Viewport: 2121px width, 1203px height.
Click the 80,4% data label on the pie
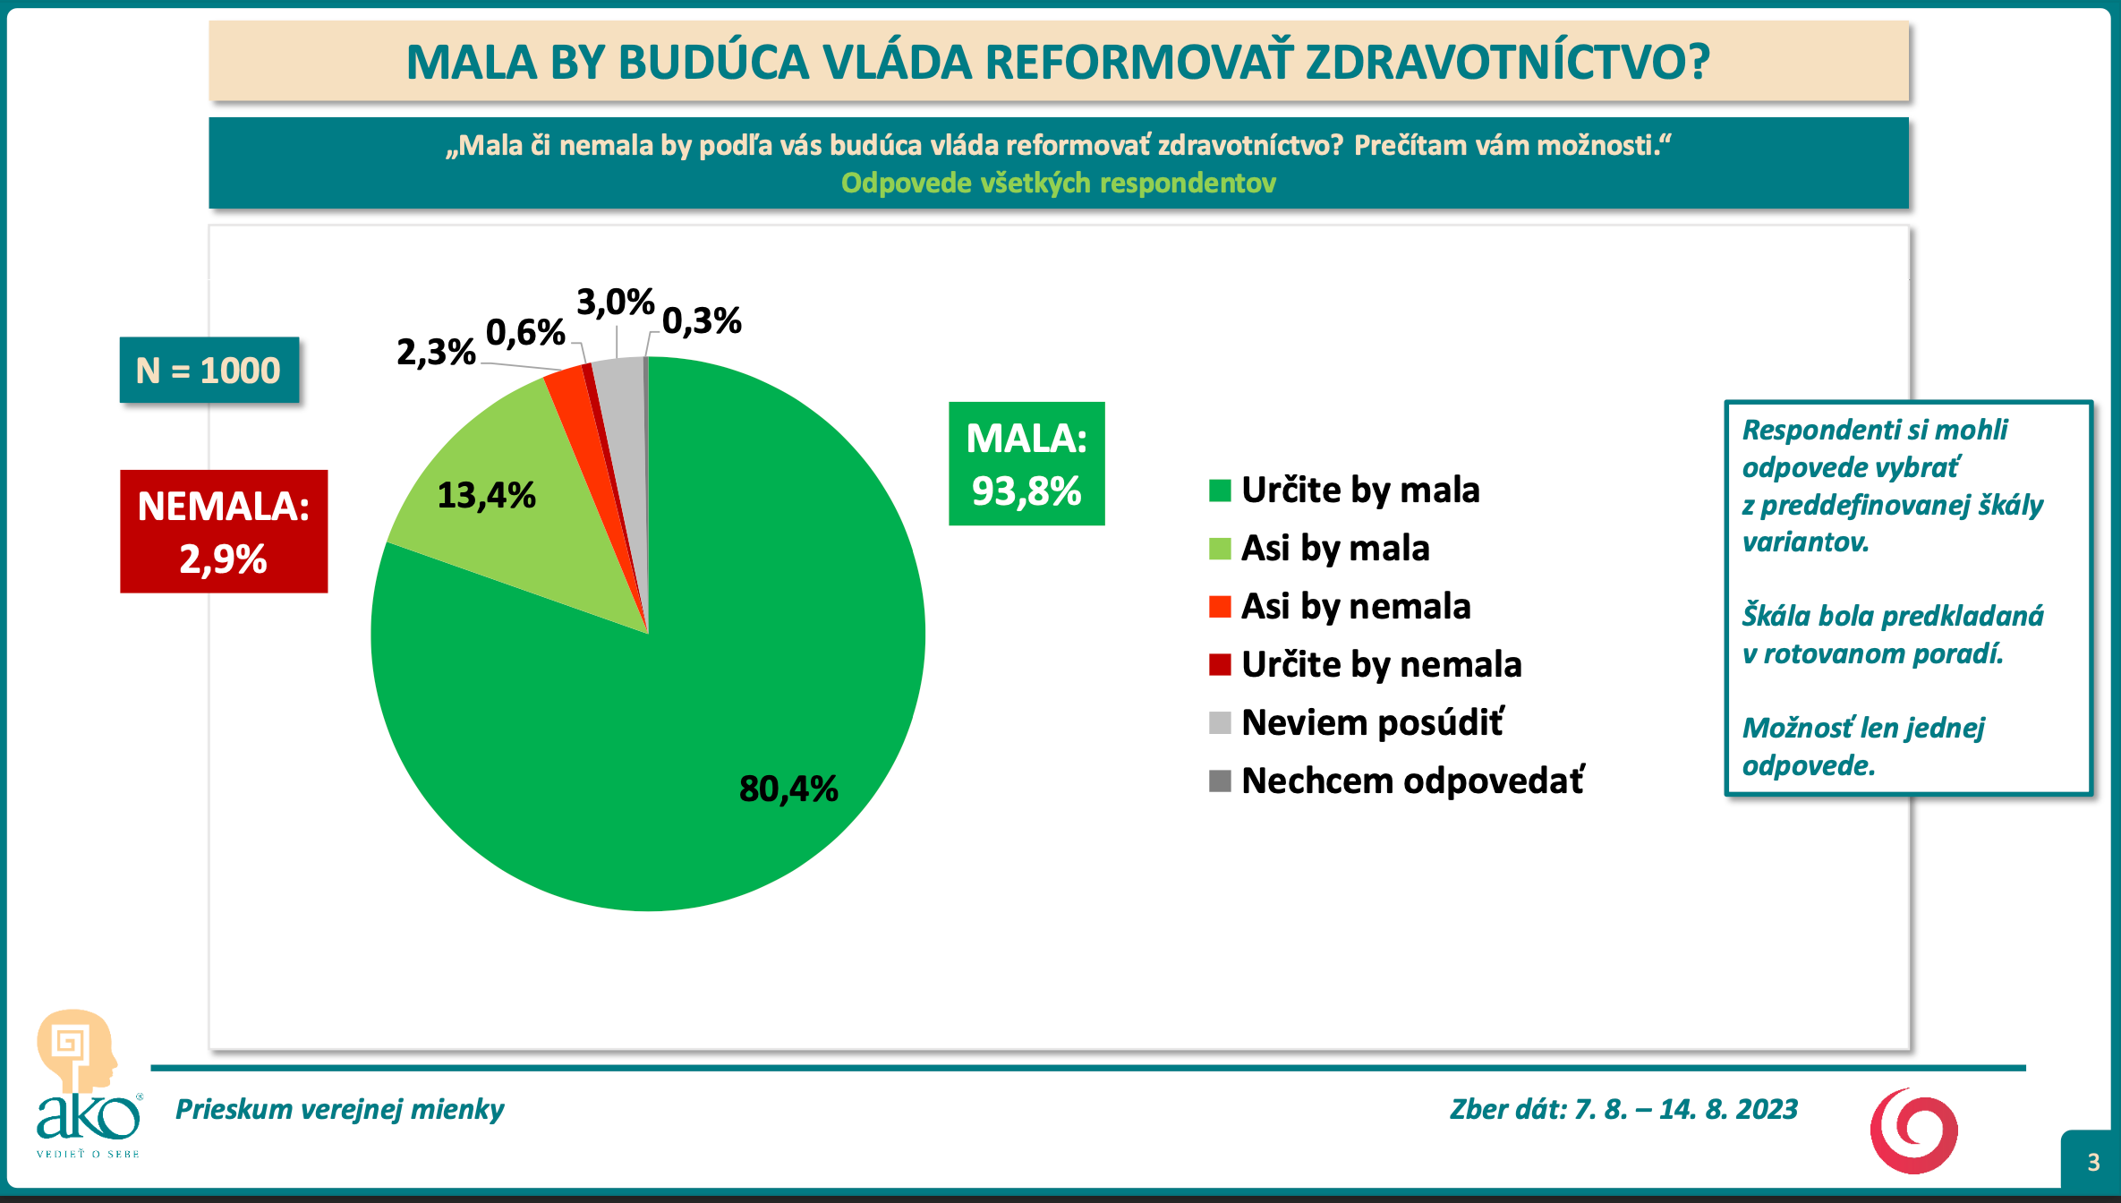[788, 789]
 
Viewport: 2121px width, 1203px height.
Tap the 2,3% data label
[436, 353]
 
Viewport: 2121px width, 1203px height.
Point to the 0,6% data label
[525, 333]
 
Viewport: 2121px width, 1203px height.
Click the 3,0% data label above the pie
[616, 303]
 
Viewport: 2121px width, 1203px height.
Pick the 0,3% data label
[702, 320]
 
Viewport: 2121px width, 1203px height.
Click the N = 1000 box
[209, 370]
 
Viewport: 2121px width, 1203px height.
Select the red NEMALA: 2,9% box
[224, 532]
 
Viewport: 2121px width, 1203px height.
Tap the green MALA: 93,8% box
[1026, 464]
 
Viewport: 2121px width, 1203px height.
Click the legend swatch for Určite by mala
[1220, 491]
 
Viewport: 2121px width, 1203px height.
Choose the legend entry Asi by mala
[1319, 548]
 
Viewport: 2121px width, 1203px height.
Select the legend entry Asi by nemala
[1340, 606]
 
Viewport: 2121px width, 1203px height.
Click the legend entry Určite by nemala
[1366, 664]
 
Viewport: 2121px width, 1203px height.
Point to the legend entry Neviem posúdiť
[1357, 722]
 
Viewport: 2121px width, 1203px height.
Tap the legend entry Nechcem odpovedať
[1397, 781]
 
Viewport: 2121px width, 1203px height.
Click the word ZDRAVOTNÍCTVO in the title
[1508, 62]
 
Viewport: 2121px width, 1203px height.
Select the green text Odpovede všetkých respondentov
[1059, 183]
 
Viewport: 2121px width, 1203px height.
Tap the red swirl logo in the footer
[1914, 1131]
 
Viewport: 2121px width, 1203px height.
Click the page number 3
[2093, 1162]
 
